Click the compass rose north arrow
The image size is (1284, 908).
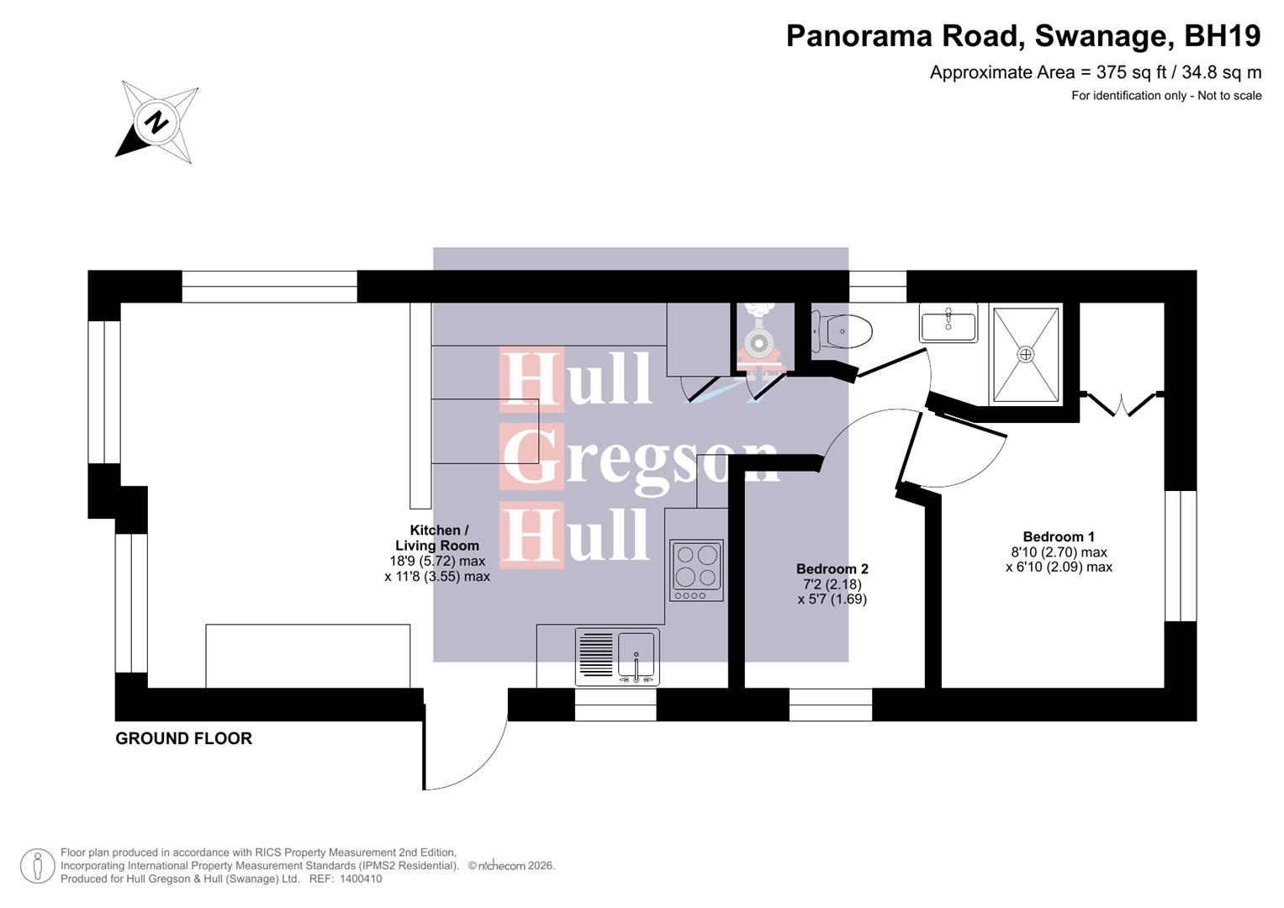coord(156,122)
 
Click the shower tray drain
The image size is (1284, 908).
coord(1025,354)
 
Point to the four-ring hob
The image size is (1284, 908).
coord(696,570)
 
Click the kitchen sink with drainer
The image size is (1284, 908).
coord(617,657)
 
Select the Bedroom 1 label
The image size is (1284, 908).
coord(1059,536)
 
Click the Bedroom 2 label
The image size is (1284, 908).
coord(832,569)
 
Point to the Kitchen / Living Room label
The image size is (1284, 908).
coord(437,538)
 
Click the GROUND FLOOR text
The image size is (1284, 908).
coord(183,738)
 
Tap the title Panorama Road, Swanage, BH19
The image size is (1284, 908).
coord(1022,36)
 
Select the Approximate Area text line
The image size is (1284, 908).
coord(1095,72)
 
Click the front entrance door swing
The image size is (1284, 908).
coord(462,748)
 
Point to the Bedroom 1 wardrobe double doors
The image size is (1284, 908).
coord(1121,404)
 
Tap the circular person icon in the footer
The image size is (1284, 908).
coord(37,866)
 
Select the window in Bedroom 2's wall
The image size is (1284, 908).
coord(830,705)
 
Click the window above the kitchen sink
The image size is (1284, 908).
coord(615,705)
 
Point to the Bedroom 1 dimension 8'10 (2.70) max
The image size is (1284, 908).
coord(1059,552)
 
